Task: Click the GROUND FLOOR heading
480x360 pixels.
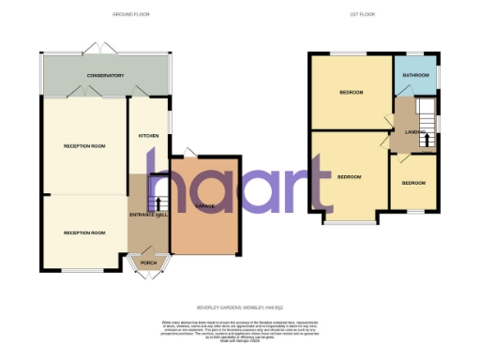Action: pyautogui.click(x=130, y=15)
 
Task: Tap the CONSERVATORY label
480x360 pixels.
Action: pyautogui.click(x=106, y=76)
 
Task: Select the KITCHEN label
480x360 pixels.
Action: pyautogui.click(x=149, y=136)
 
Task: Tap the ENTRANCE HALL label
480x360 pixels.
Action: pyautogui.click(x=148, y=215)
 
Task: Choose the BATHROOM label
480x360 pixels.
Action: pyautogui.click(x=415, y=75)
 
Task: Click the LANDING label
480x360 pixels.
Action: pyautogui.click(x=415, y=132)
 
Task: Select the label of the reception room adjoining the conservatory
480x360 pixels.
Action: pyautogui.click(x=83, y=147)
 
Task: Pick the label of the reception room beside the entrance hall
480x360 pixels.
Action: pyautogui.click(x=83, y=232)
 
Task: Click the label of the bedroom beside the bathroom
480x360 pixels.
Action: pyautogui.click(x=351, y=93)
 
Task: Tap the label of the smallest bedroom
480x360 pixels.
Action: pyautogui.click(x=412, y=184)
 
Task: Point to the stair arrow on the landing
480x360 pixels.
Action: pyautogui.click(x=427, y=141)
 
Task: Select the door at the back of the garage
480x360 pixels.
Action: pyautogui.click(x=190, y=152)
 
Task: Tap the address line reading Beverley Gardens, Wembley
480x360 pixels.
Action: pyautogui.click(x=239, y=307)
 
